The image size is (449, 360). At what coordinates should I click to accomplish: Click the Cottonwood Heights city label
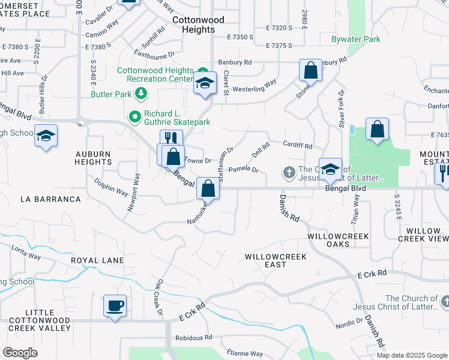click(x=198, y=25)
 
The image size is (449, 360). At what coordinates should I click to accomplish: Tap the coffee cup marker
click(x=115, y=306)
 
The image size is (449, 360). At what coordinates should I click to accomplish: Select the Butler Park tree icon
click(x=141, y=93)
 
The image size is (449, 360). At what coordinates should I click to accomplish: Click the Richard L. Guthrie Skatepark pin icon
click(x=135, y=115)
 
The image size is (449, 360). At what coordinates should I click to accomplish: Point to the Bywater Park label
click(x=356, y=40)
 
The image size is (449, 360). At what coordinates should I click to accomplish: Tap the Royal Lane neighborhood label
click(x=97, y=261)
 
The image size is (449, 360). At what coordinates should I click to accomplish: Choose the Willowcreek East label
click(x=276, y=260)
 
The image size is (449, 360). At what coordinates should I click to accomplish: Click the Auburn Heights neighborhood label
click(x=93, y=158)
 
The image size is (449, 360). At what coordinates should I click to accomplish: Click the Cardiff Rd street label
click(x=298, y=145)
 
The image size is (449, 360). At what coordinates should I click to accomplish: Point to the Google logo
click(x=20, y=353)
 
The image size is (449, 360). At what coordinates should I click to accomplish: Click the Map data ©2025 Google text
click(x=411, y=355)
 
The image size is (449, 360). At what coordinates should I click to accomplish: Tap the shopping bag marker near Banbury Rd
click(x=311, y=70)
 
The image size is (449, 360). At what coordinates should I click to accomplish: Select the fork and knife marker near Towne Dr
click(x=171, y=139)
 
